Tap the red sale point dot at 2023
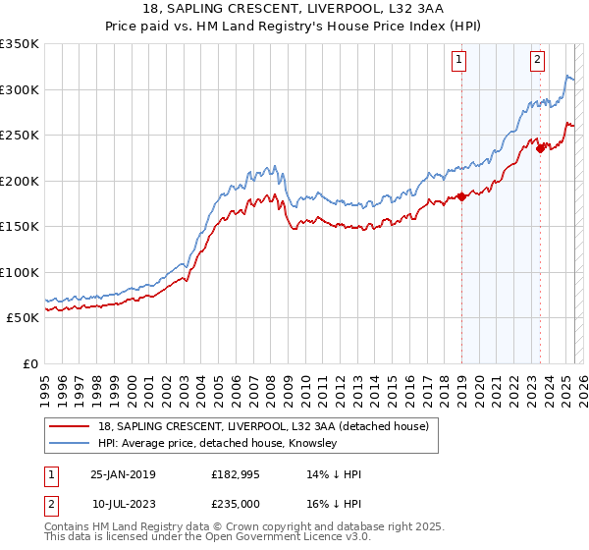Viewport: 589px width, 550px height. [x=541, y=149]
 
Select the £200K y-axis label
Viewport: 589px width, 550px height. [x=20, y=181]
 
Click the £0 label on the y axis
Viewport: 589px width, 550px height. [x=29, y=363]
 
